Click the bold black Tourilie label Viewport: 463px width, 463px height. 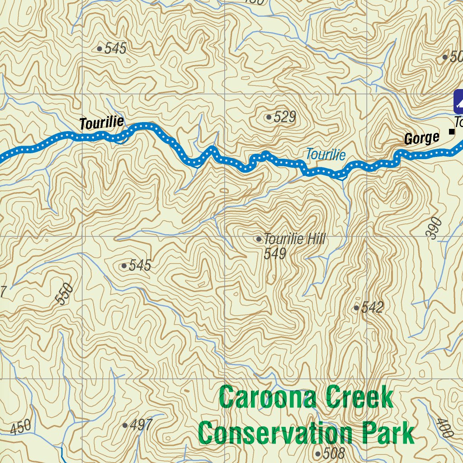coord(101,123)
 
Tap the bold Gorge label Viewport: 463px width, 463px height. coord(421,138)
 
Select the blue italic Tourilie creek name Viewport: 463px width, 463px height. coord(326,155)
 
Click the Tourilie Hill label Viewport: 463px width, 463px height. coord(294,239)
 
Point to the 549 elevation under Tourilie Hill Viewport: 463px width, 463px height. coord(275,254)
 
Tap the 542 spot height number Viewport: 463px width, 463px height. coord(373,308)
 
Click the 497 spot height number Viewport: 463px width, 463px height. coord(141,425)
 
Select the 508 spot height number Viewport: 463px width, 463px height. coord(334,453)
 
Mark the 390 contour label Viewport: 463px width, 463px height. coord(434,227)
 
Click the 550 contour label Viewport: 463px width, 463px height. coord(64,294)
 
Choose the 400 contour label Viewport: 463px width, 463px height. coord(445,428)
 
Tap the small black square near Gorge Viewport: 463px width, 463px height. coord(451,132)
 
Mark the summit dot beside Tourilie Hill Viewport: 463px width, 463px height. coord(259,239)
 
